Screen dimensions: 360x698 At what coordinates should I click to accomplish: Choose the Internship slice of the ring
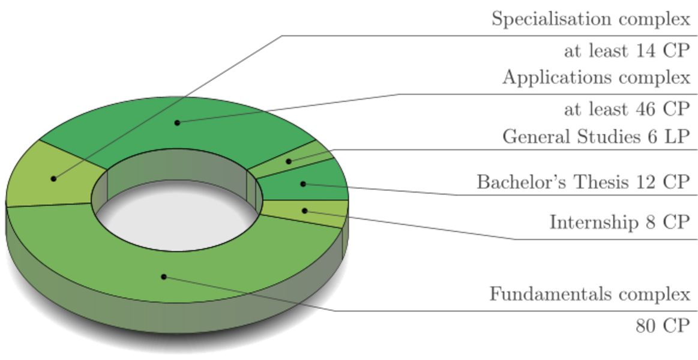pyautogui.click(x=324, y=212)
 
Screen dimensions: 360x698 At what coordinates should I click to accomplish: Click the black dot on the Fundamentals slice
pyautogui.click(x=163, y=277)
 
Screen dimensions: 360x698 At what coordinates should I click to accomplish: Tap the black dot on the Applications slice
pyautogui.click(x=177, y=122)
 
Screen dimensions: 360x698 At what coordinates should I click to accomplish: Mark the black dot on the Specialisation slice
pyautogui.click(x=53, y=178)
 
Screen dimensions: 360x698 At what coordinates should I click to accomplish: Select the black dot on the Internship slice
pyautogui.click(x=305, y=211)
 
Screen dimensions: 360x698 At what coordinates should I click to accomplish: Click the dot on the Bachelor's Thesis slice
pyautogui.click(x=303, y=184)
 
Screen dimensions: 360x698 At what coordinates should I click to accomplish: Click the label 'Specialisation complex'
pyautogui.click(x=591, y=19)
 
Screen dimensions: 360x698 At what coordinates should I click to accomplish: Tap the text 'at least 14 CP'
pyautogui.click(x=627, y=51)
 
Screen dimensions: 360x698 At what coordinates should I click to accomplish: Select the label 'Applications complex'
pyautogui.click(x=596, y=78)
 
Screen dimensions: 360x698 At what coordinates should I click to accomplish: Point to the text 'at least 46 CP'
pyautogui.click(x=627, y=109)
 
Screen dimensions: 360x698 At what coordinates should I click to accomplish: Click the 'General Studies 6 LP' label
pyautogui.click(x=596, y=137)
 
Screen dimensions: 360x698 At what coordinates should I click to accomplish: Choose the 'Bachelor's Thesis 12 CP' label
pyautogui.click(x=583, y=182)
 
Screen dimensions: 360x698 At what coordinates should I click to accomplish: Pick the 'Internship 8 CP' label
pyautogui.click(x=619, y=223)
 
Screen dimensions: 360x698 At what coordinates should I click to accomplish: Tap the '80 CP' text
pyautogui.click(x=663, y=326)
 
